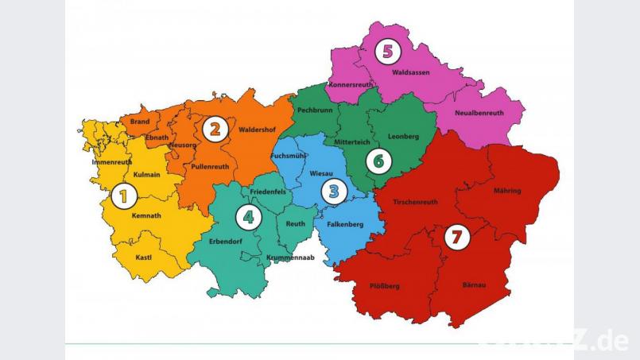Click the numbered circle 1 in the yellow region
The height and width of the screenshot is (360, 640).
[122, 195]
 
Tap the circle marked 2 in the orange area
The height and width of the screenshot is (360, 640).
[212, 128]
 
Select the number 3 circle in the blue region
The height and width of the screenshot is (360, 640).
[334, 191]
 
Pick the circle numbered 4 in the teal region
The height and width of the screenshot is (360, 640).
[249, 216]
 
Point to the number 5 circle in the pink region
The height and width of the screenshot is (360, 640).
[387, 52]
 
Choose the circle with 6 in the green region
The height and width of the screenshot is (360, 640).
[378, 161]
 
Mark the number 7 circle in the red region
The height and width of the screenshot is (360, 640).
[456, 236]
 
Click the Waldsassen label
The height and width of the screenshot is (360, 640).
[411, 72]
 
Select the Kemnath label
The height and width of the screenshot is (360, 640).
[146, 215]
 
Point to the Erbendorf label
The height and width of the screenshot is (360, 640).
[225, 241]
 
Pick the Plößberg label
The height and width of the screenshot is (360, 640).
[386, 285]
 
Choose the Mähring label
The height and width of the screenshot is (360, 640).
[507, 191]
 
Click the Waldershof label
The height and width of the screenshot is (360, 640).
[256, 130]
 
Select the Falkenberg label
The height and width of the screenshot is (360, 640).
[344, 224]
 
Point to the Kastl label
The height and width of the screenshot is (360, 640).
[144, 257]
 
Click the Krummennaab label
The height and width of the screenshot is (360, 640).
[291, 257]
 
